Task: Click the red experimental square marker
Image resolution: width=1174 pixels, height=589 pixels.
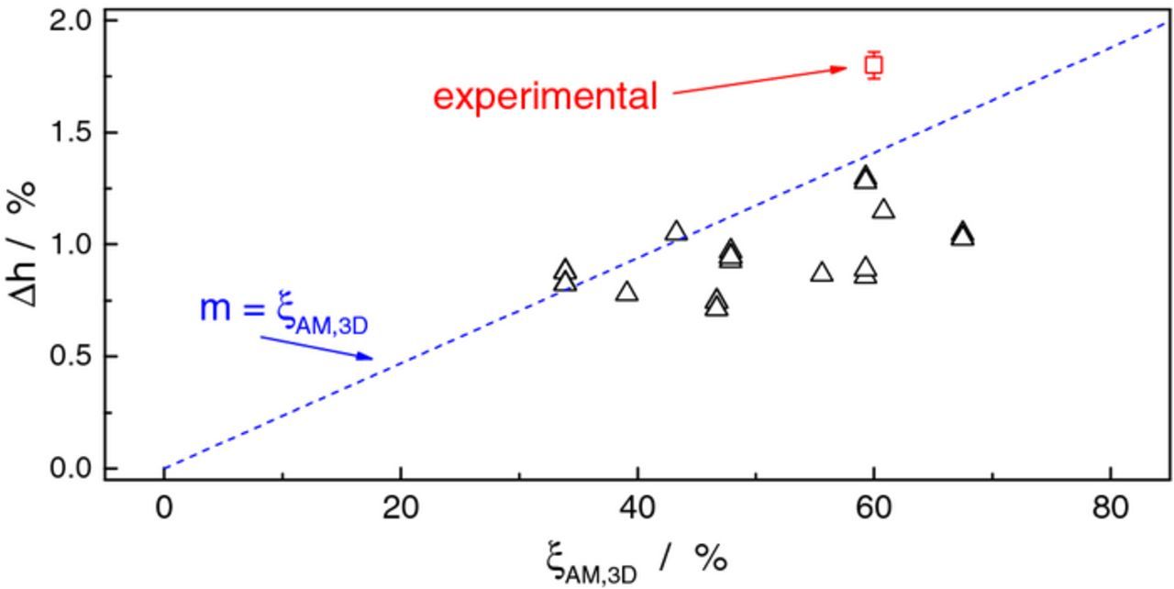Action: pyautogui.click(x=873, y=65)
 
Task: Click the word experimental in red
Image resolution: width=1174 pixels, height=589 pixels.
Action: pyautogui.click(x=545, y=96)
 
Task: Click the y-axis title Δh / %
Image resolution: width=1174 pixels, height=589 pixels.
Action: pyautogui.click(x=25, y=244)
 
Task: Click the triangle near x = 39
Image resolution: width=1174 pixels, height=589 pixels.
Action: pyautogui.click(x=626, y=293)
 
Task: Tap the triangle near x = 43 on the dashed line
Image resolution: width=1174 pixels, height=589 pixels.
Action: pyautogui.click(x=676, y=231)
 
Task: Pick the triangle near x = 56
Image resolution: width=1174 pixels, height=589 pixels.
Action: pyautogui.click(x=822, y=272)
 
